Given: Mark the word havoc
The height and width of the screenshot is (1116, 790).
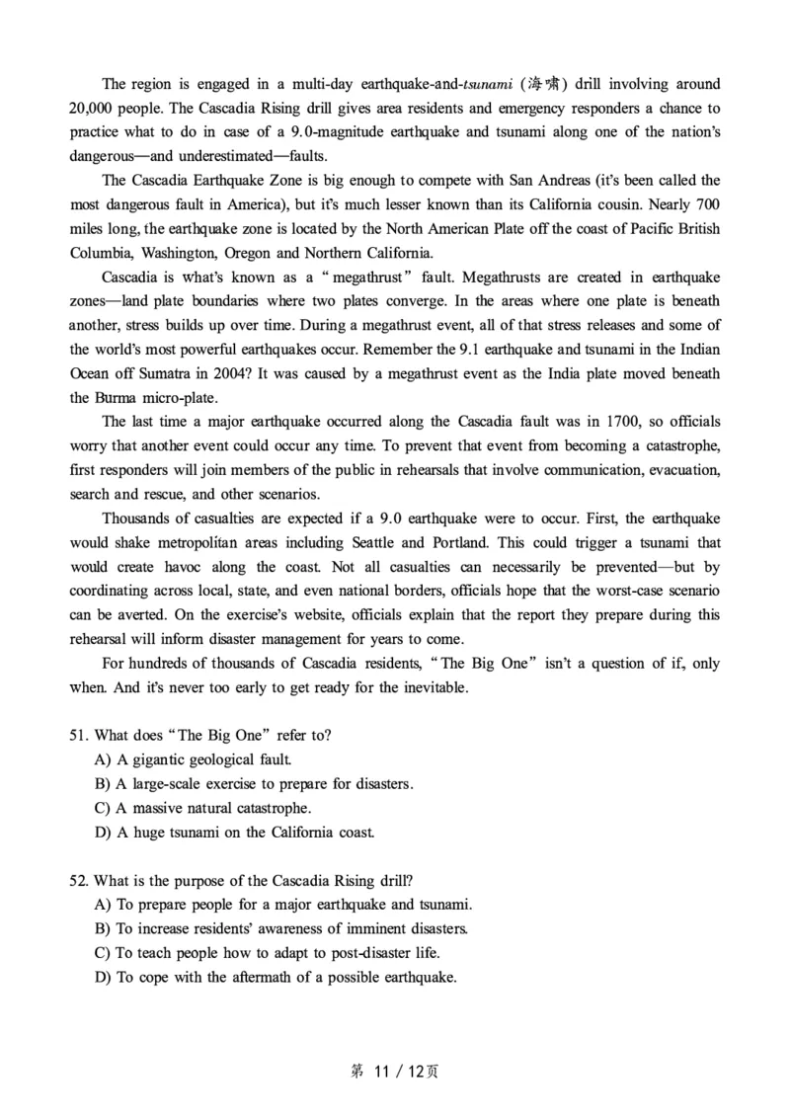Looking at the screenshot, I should pyautogui.click(x=196, y=567).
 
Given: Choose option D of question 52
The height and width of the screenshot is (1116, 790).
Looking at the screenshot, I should pyautogui.click(x=276, y=977).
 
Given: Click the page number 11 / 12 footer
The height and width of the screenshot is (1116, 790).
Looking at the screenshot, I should pyautogui.click(x=394, y=1071).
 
